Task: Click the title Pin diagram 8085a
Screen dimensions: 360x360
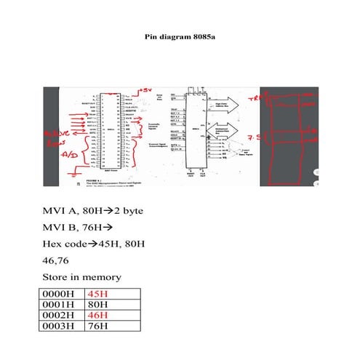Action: click(x=180, y=35)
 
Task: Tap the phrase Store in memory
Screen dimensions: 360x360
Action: click(x=81, y=277)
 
